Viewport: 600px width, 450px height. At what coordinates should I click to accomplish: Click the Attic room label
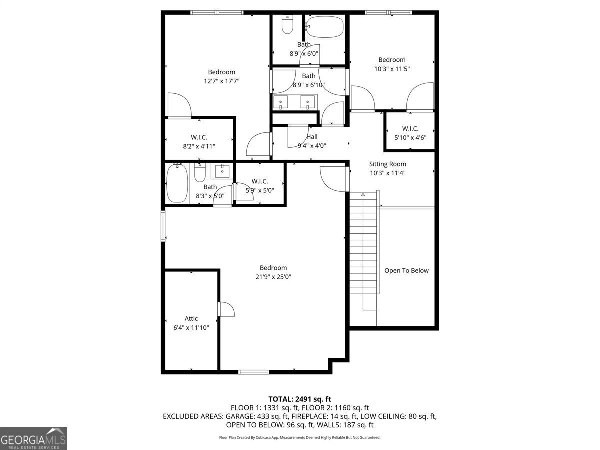point(191,318)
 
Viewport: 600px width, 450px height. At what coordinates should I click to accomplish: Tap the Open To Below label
point(406,271)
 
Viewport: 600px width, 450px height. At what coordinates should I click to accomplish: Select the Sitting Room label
point(387,164)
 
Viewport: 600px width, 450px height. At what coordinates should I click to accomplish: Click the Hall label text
point(312,137)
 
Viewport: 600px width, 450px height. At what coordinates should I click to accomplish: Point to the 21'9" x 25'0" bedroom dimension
point(273,277)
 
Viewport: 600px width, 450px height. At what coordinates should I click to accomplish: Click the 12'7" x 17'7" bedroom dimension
point(221,81)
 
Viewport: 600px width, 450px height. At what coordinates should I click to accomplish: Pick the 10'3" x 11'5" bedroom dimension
point(392,69)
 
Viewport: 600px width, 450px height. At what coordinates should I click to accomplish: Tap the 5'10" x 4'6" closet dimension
point(410,137)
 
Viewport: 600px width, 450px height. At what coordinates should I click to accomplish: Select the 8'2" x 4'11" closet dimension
point(199,146)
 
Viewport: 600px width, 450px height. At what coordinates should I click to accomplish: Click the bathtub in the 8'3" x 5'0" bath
point(177,183)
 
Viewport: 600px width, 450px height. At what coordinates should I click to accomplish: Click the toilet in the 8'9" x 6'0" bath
point(287,24)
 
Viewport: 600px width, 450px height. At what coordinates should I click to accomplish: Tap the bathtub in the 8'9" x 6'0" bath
point(324,27)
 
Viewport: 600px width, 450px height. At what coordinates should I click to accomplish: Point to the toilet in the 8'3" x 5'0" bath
point(200,172)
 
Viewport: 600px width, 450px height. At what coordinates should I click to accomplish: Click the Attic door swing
point(227,309)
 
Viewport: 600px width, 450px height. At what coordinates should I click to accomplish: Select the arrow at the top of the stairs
point(363,195)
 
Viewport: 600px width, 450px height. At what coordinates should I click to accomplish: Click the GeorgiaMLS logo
point(33,439)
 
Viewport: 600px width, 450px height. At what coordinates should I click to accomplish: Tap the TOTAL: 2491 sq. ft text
point(300,399)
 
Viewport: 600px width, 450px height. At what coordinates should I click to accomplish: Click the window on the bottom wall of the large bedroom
point(254,372)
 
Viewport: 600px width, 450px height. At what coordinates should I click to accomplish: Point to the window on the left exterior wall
point(163,226)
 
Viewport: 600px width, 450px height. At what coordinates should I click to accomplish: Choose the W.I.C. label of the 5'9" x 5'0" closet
point(259,181)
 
